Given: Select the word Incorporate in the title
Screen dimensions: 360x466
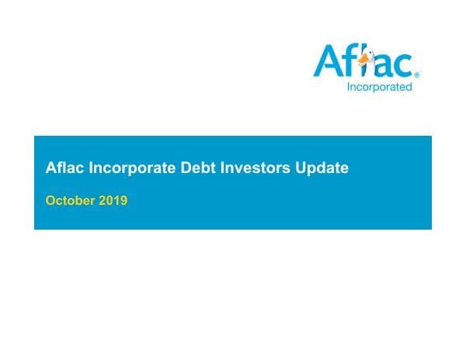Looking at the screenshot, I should tap(121, 168).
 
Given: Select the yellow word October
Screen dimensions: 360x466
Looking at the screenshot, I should tap(70, 200).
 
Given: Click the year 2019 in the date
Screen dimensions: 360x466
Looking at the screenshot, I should tap(113, 200).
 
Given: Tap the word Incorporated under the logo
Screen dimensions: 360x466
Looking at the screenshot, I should tap(379, 87).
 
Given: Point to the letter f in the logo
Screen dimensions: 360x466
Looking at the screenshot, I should tap(348, 61).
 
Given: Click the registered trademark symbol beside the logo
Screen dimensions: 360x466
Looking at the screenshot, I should tap(417, 74).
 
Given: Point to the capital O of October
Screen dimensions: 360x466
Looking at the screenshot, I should tap(50, 200).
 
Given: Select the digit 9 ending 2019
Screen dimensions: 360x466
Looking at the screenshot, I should tap(123, 200).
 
